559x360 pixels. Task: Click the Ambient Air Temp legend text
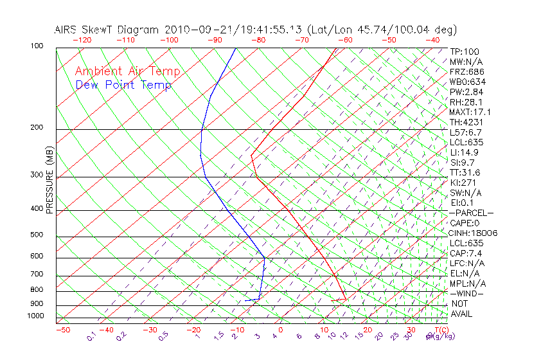[x=127, y=71]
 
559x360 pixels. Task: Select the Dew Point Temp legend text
[x=123, y=85]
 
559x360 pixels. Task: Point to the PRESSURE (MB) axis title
[x=49, y=181]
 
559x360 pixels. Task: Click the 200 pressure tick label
[x=37, y=128]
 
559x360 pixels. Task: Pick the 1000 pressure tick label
[x=35, y=316]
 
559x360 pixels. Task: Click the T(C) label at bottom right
[x=440, y=330]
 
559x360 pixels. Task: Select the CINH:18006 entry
[x=474, y=233]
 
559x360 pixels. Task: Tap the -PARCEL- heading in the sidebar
[x=471, y=213]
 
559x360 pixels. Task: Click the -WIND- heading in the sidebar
[x=467, y=293]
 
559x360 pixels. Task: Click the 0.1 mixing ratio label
[x=92, y=336]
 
